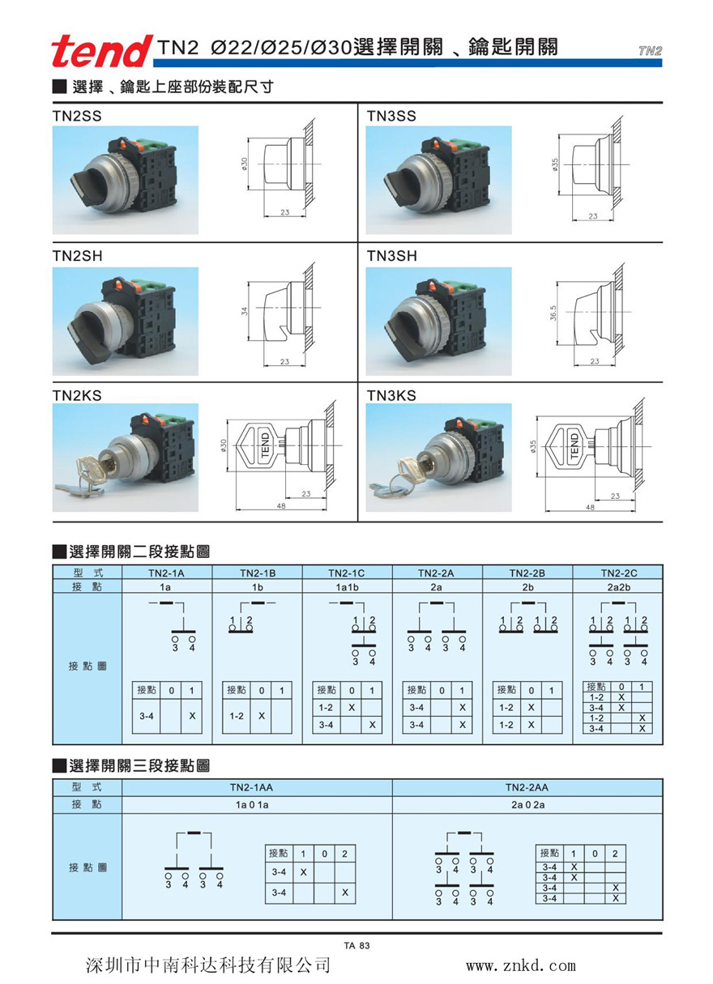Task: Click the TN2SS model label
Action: [78, 116]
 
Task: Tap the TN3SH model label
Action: [391, 256]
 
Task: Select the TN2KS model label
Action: [78, 395]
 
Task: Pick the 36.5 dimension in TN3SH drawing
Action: [553, 312]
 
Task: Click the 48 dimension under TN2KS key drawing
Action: [280, 506]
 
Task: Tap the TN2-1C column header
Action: [347, 573]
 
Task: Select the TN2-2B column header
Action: [527, 573]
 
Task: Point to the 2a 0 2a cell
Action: [527, 805]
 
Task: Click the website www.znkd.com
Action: [520, 965]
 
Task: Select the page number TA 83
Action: [356, 944]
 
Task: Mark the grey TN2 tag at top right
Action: [650, 50]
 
